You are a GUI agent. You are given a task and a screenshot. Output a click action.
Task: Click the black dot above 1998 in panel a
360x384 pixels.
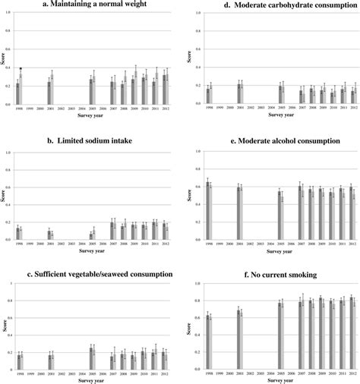(x=21, y=68)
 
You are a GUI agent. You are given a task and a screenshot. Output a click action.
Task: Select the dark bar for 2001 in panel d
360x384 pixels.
(x=238, y=93)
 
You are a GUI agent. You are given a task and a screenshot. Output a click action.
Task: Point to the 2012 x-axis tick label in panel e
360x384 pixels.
(x=352, y=244)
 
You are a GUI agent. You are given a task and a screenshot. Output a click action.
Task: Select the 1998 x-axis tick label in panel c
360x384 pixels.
(x=18, y=374)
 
